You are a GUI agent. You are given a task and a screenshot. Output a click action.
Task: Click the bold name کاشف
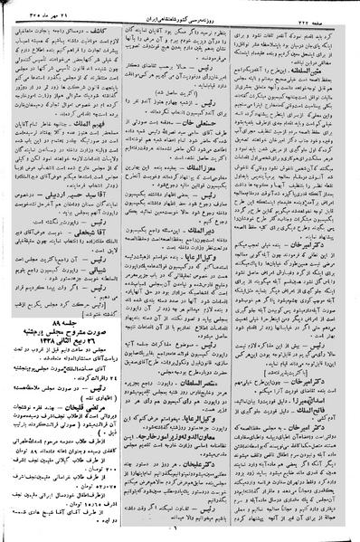coord(106,30)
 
